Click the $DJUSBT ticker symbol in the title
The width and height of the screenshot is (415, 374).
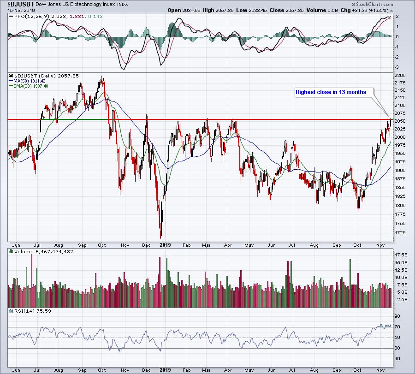click(21, 4)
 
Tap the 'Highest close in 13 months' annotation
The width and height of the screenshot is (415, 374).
click(331, 92)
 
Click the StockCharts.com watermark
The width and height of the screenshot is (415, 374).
click(373, 4)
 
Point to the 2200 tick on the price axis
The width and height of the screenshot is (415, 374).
click(400, 76)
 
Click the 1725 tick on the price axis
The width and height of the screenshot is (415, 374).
click(400, 233)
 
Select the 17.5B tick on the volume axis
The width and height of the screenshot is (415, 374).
click(401, 255)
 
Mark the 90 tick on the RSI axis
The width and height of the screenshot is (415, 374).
click(397, 316)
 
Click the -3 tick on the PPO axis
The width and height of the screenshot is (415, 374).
click(397, 67)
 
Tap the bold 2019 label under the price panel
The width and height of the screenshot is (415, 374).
click(166, 245)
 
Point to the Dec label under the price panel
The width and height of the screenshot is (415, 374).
click(146, 245)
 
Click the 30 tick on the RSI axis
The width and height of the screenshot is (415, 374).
click(397, 348)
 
